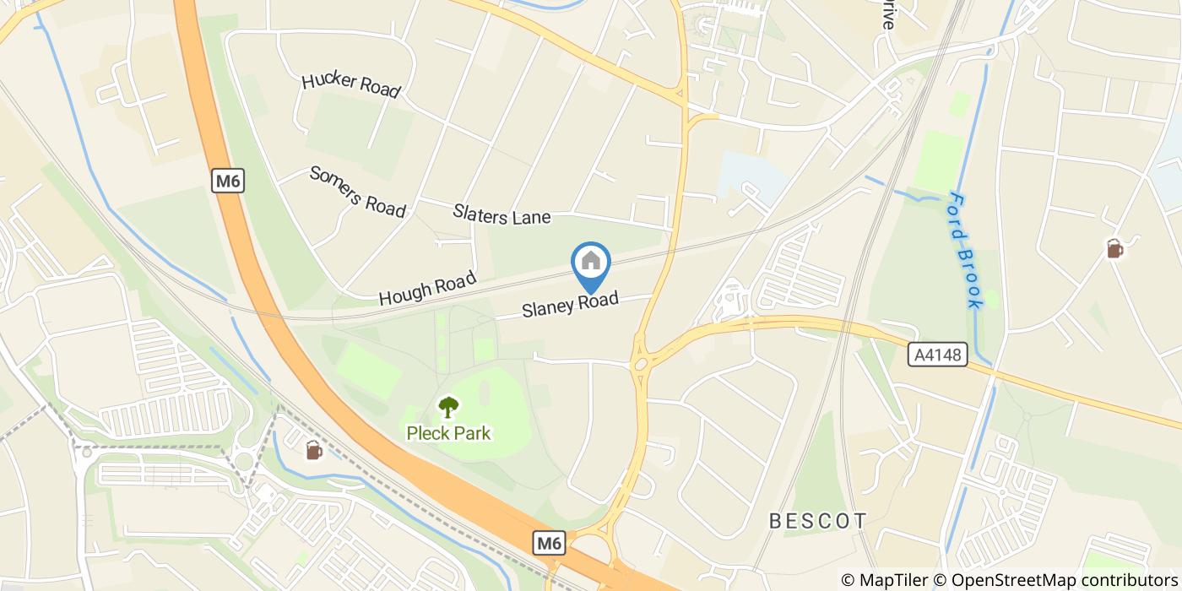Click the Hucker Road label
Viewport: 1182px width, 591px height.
(350, 84)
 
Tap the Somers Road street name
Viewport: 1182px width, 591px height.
(357, 192)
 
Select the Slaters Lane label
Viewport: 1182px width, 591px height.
(502, 214)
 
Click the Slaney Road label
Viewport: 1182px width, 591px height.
(570, 304)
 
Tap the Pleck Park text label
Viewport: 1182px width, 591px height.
(448, 434)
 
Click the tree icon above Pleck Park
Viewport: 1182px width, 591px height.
(448, 408)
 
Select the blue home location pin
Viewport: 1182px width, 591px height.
(591, 263)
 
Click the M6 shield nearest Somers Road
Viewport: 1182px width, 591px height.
(228, 181)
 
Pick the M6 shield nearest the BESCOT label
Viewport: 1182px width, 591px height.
(549, 544)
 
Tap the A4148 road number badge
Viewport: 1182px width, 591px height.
(938, 355)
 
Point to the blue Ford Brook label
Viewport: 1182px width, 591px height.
(965, 250)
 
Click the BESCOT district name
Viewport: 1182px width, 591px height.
(818, 521)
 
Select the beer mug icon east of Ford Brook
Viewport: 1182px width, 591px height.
(1114, 249)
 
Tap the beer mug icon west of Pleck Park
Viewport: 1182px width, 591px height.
(313, 451)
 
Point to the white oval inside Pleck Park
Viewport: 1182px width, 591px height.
(485, 393)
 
